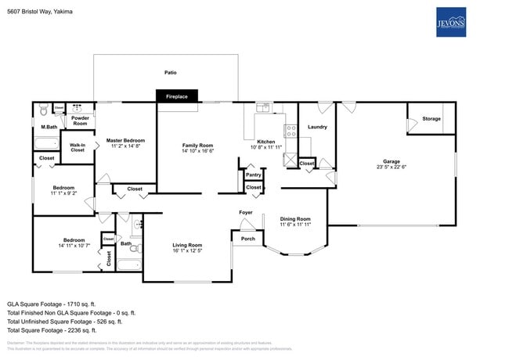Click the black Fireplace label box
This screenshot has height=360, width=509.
177,96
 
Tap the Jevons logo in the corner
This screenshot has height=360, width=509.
451,22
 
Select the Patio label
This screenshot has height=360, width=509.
170,73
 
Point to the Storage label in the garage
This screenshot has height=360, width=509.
431,119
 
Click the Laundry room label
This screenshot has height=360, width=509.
317,127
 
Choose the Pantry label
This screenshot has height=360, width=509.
254,175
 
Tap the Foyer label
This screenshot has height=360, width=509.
245,213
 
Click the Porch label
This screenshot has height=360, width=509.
247,239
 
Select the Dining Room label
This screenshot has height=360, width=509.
295,219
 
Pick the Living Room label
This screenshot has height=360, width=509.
188,246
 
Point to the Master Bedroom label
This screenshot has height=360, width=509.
125,141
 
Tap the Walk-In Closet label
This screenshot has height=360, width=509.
78,147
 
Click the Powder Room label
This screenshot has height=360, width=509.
80,121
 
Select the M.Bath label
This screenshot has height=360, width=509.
49,127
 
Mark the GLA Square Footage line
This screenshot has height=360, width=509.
51,303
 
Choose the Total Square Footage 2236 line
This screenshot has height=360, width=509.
52,329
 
